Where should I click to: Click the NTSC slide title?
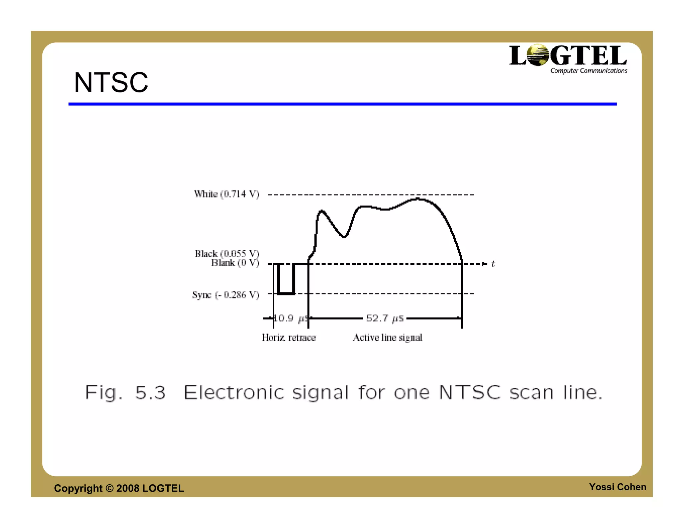pyautogui.click(x=111, y=82)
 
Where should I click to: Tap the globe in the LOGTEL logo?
pyautogui.click(x=537, y=55)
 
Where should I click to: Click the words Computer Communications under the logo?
pyautogui.click(x=588, y=71)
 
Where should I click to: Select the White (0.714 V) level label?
pyautogui.click(x=226, y=194)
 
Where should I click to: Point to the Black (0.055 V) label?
pyautogui.click(x=227, y=254)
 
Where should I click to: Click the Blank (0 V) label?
pyautogui.click(x=235, y=263)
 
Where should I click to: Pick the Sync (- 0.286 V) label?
pyautogui.click(x=225, y=295)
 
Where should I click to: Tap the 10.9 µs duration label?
pyautogui.click(x=290, y=318)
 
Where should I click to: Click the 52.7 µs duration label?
pyautogui.click(x=385, y=318)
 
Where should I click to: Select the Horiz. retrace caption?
pyautogui.click(x=289, y=337)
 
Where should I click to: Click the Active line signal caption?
pyautogui.click(x=387, y=337)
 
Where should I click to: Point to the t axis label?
pyautogui.click(x=493, y=264)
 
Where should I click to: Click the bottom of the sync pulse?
pyautogui.click(x=286, y=294)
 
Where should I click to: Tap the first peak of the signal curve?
pyautogui.click(x=321, y=211)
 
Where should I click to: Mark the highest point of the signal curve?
pyautogui.click(x=417, y=199)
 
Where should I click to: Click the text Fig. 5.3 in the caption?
pyautogui.click(x=125, y=392)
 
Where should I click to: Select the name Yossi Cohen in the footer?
pyautogui.click(x=617, y=487)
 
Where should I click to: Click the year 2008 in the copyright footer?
pyautogui.click(x=128, y=488)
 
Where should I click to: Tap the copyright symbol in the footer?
pyautogui.click(x=110, y=488)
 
